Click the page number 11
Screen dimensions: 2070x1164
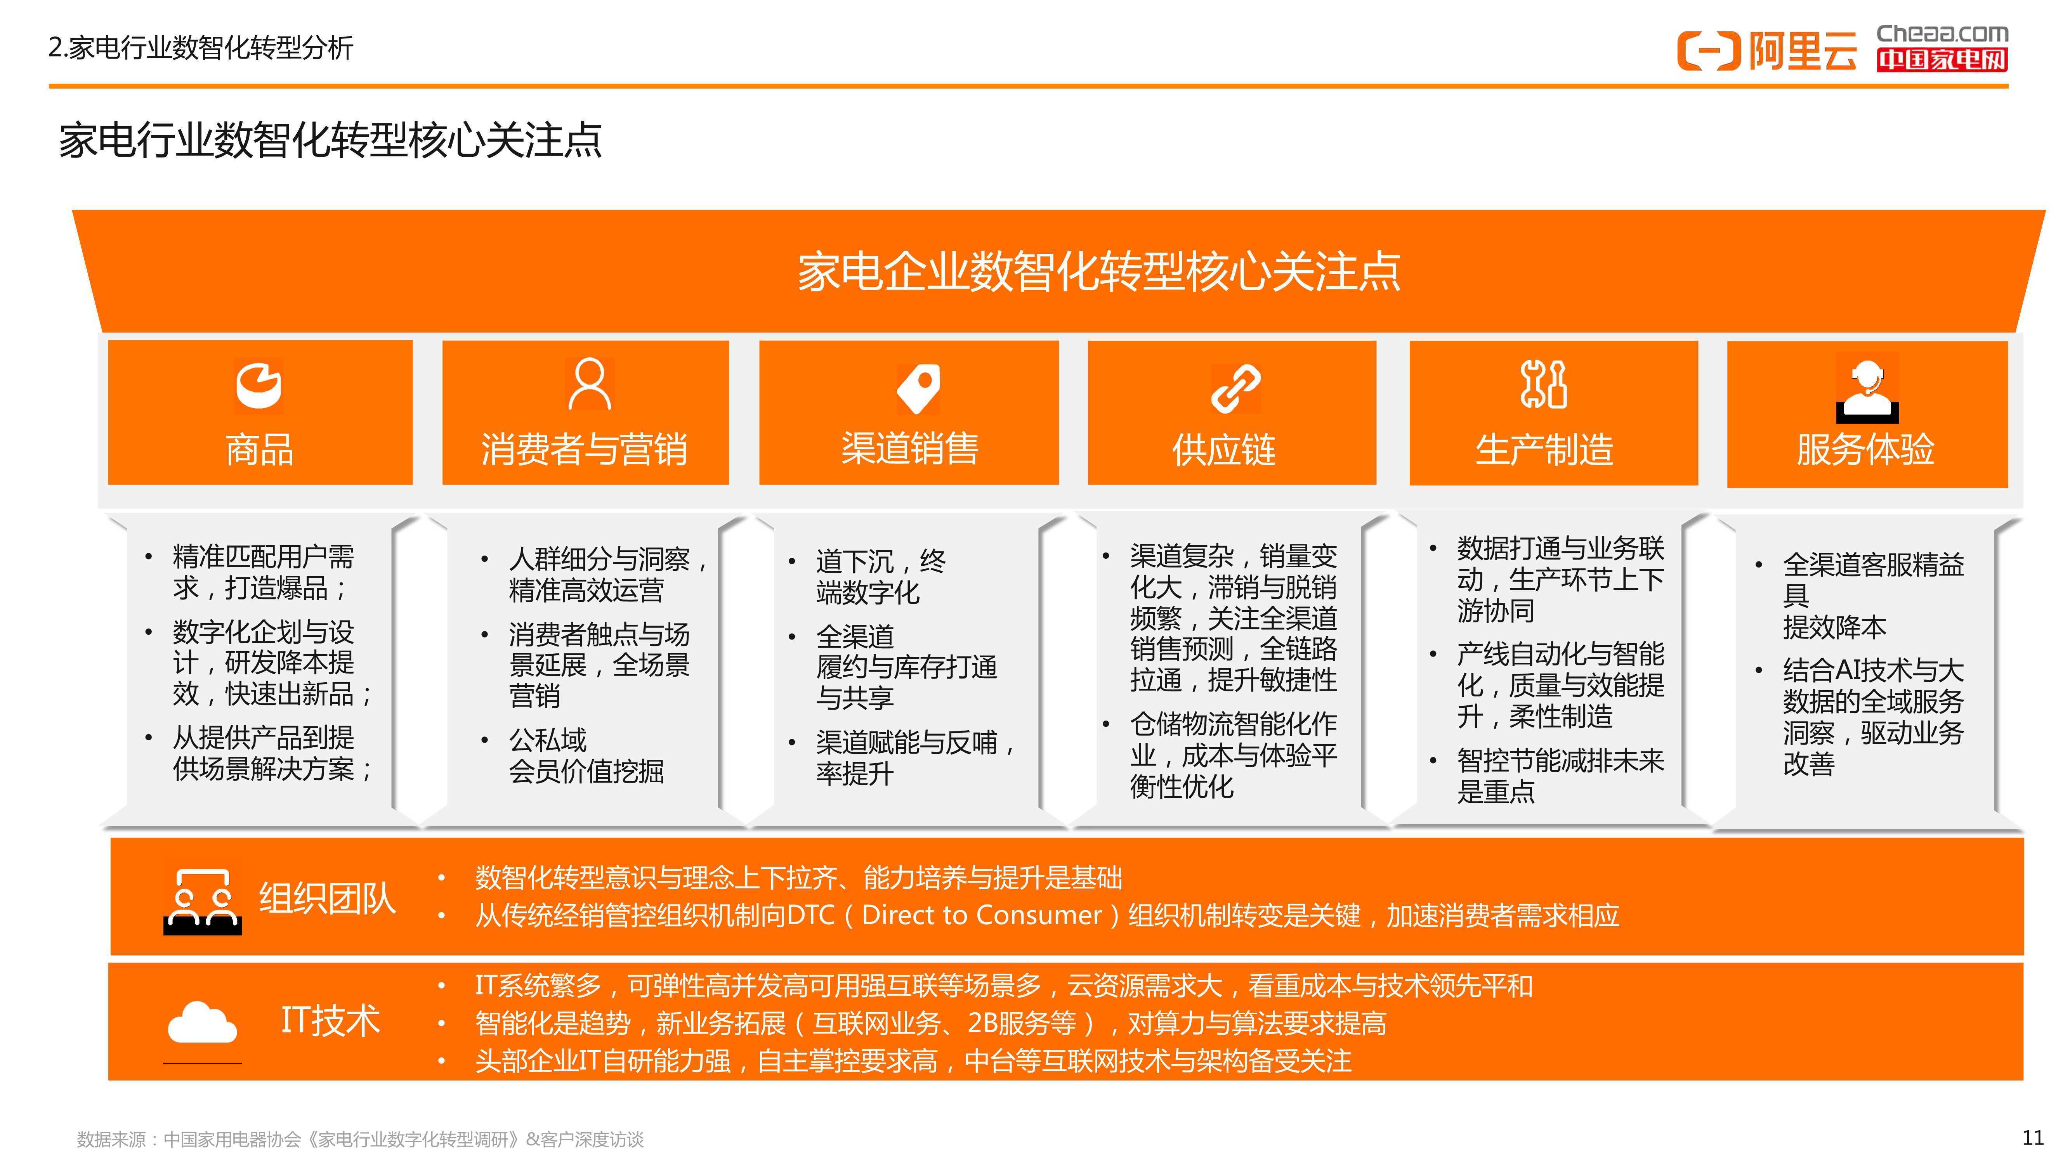[2032, 1138]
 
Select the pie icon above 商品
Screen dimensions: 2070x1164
[259, 386]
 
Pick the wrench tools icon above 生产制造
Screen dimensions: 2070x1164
[1544, 384]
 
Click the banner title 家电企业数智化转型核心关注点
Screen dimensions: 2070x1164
[1098, 271]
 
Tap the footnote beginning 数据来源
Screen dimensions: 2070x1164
[360, 1139]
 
